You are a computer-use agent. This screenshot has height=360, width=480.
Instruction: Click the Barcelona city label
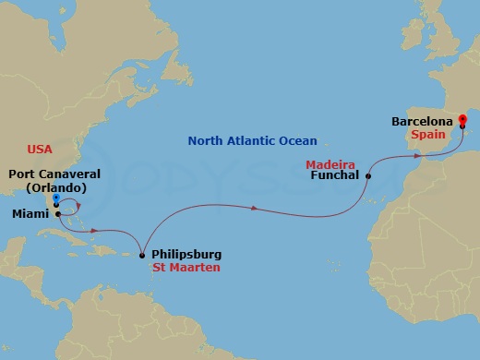pyautogui.click(x=422, y=121)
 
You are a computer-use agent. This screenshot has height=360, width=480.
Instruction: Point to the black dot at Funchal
pyautogui.click(x=368, y=175)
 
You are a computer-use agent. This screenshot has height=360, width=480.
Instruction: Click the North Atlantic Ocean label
pyautogui.click(x=252, y=141)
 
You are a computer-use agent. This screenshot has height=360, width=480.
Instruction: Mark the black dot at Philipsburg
pyautogui.click(x=141, y=255)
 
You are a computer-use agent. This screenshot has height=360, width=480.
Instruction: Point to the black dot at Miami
pyautogui.click(x=57, y=213)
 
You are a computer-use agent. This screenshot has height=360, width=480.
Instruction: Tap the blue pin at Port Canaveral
pyautogui.click(x=56, y=198)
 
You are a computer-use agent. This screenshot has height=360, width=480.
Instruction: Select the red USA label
pyautogui.click(x=40, y=149)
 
